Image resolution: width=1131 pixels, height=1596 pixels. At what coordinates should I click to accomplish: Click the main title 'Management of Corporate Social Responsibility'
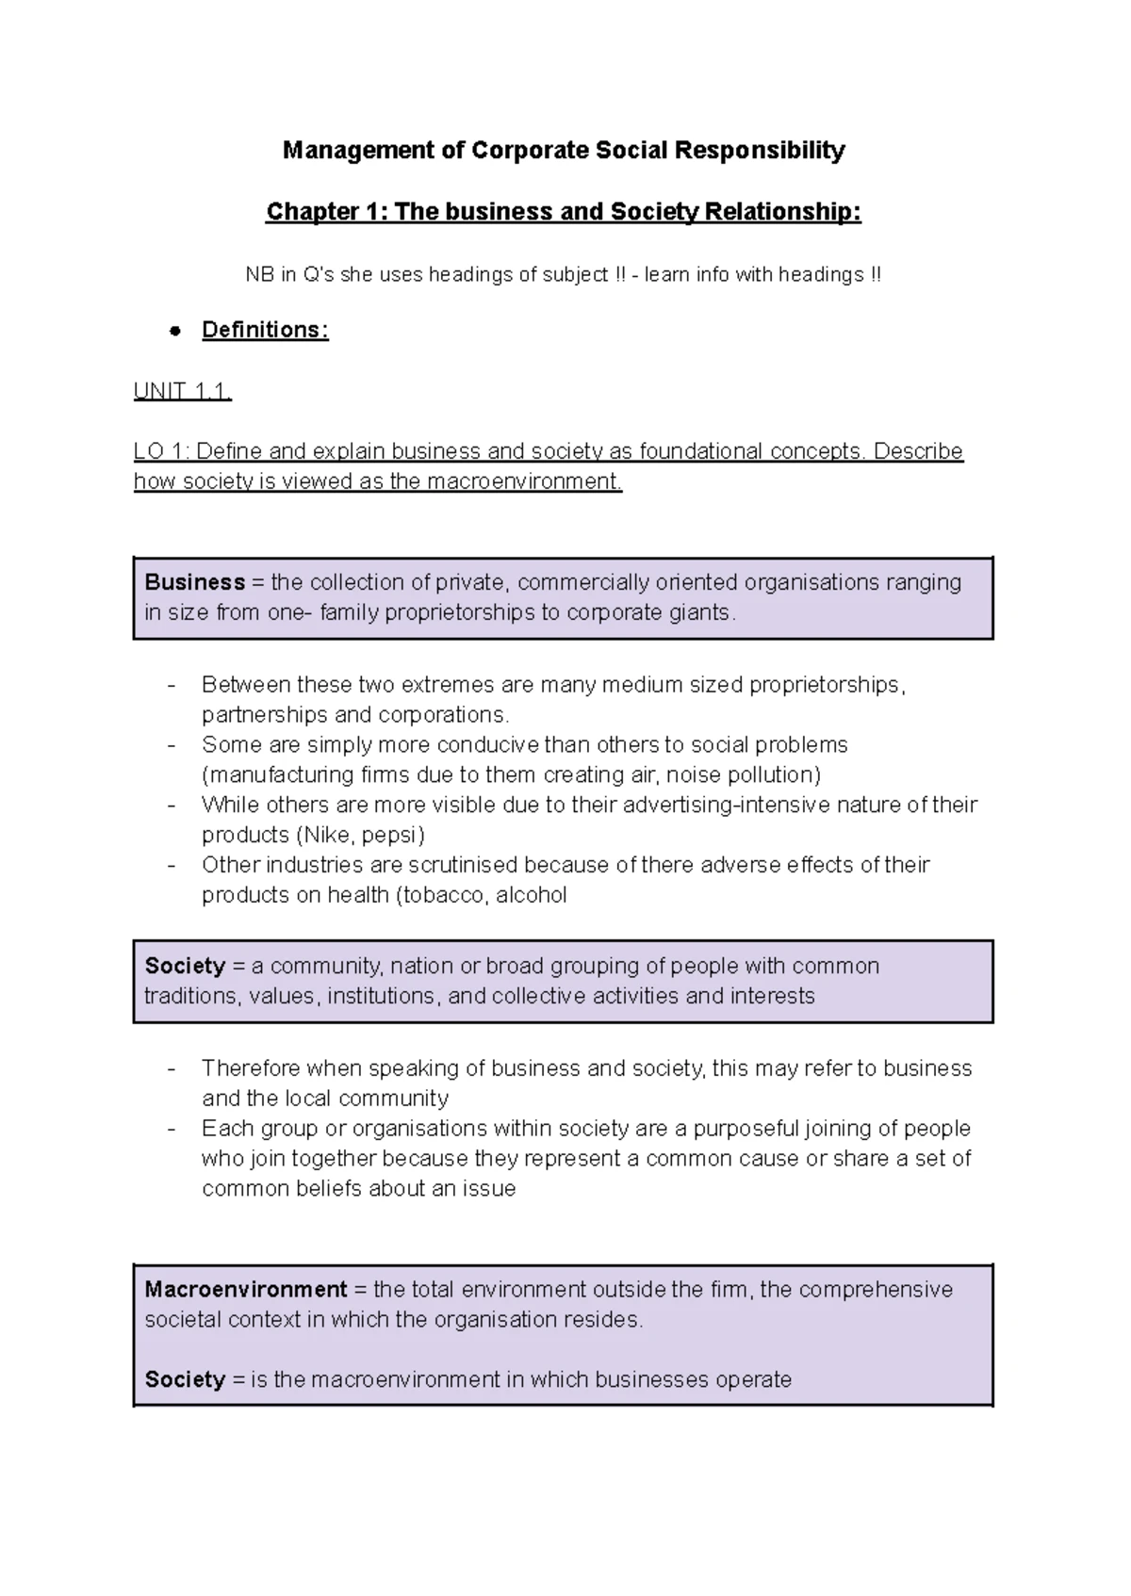(564, 151)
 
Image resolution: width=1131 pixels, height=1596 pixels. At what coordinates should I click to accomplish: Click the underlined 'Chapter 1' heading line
(564, 212)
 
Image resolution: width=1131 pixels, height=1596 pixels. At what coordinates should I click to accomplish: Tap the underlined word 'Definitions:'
(265, 331)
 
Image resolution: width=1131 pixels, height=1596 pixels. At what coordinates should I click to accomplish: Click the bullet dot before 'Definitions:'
(173, 332)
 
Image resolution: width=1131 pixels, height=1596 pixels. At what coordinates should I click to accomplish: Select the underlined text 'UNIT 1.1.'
(182, 391)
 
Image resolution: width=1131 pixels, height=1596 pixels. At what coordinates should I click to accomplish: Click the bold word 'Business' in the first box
(194, 582)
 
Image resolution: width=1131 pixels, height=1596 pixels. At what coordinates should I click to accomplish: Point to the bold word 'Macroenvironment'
(245, 1289)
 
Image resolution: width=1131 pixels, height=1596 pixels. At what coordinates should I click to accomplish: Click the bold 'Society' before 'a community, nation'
(185, 966)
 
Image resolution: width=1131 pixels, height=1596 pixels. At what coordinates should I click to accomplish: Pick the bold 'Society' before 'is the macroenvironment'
(185, 1379)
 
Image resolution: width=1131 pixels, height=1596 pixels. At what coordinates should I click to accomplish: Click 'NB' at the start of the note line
(259, 275)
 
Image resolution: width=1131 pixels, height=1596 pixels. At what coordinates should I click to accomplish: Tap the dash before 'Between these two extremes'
(172, 685)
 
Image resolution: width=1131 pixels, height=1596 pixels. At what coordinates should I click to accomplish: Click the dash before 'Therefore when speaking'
(172, 1068)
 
